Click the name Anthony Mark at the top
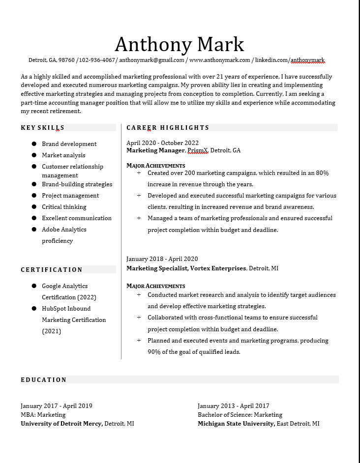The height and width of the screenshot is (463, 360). [x=179, y=44]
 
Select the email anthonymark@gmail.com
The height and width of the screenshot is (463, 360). [x=151, y=60]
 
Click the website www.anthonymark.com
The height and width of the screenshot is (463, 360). [x=219, y=60]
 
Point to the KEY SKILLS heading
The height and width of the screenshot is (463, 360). [x=43, y=128]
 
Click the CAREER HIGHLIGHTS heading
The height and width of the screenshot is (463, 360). [x=168, y=128]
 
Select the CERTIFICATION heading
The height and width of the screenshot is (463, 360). [x=52, y=270]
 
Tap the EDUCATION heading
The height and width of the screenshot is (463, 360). [x=44, y=380]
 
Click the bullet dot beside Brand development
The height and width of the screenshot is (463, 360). [x=34, y=144]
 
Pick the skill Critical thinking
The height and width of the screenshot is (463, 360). [x=64, y=207]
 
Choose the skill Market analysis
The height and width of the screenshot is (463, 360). [x=63, y=155]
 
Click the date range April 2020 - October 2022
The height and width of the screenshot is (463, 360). [x=162, y=143]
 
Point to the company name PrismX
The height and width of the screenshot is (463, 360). [x=198, y=150]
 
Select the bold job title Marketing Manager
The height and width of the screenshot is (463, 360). [x=155, y=150]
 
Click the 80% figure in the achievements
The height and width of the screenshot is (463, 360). [x=322, y=173]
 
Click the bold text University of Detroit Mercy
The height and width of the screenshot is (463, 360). [x=61, y=424]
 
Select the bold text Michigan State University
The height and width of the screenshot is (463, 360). [x=236, y=424]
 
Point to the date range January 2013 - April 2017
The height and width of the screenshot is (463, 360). [x=233, y=406]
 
